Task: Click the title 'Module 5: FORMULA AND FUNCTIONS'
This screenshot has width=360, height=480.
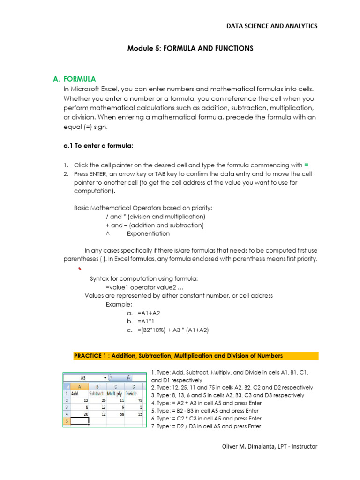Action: tap(190, 48)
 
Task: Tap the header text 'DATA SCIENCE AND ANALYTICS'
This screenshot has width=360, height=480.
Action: tap(272, 26)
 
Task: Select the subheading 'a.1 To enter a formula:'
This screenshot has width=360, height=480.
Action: tap(98, 146)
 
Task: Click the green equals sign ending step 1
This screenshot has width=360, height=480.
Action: tap(307, 165)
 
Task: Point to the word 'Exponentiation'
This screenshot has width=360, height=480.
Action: tap(148, 233)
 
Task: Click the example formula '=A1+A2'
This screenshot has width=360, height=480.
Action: tap(149, 313)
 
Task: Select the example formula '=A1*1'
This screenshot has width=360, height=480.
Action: tap(147, 321)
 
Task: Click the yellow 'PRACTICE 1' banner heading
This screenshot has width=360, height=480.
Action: tap(178, 356)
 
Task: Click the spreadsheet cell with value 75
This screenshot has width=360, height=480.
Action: tap(139, 401)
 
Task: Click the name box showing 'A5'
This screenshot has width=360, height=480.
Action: tap(83, 377)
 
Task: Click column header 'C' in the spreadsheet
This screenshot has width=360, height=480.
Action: tap(116, 386)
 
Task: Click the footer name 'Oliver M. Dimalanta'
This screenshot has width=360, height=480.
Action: tap(250, 446)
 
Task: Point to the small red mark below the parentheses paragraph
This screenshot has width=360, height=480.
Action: tap(80, 269)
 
